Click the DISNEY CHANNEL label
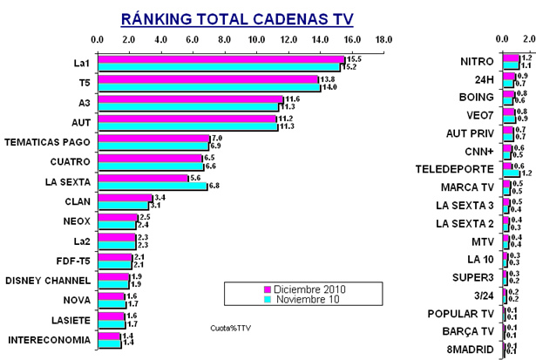click(49, 281)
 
